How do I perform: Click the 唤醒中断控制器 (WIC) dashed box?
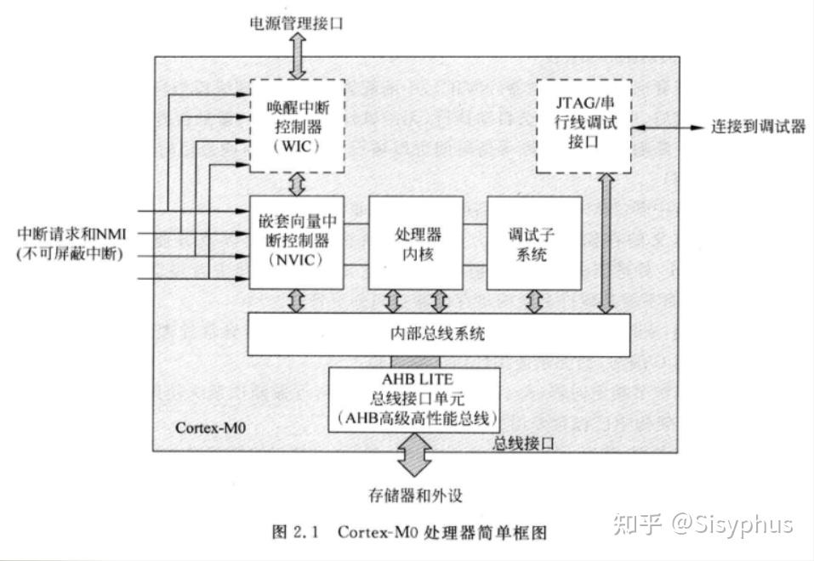[297, 124]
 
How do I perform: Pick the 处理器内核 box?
[415, 242]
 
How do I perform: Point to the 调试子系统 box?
[534, 242]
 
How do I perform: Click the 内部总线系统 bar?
[438, 334]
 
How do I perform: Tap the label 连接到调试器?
[758, 127]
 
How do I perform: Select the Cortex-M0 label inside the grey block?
[212, 428]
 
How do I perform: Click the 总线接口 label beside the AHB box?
[524, 443]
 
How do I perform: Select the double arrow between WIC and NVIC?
[297, 183]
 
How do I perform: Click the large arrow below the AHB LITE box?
[415, 455]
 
